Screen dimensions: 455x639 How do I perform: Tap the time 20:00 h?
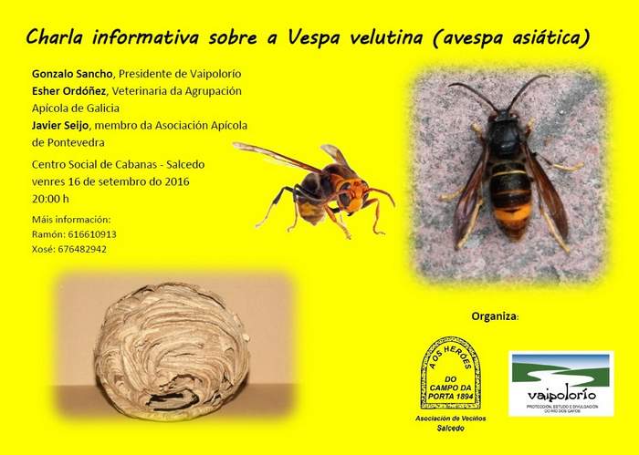click(50, 197)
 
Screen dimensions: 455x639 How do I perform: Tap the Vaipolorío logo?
click(560, 384)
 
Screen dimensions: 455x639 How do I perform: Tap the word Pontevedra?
click(66, 142)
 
